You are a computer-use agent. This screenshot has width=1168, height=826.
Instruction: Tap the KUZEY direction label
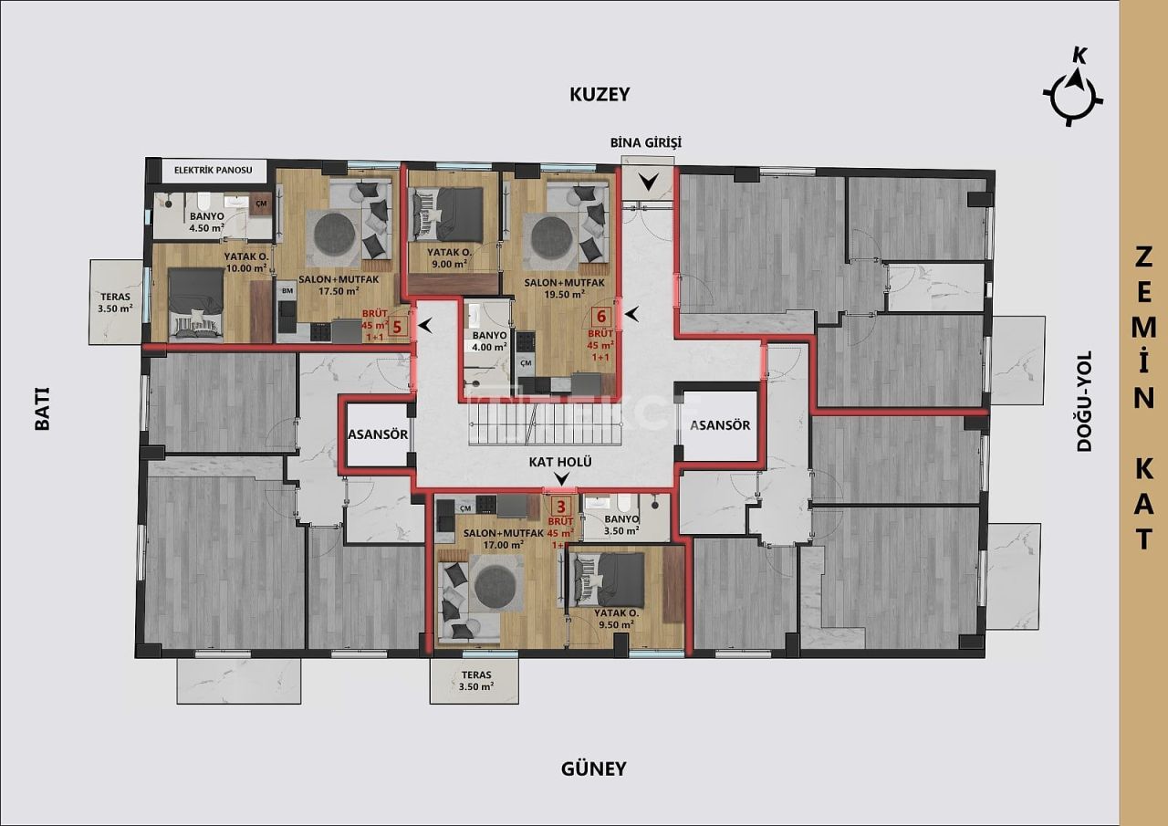pyautogui.click(x=600, y=94)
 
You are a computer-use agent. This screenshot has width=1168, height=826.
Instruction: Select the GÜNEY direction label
pyautogui.click(x=593, y=768)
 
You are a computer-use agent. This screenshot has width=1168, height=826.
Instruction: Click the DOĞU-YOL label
pyautogui.click(x=1084, y=402)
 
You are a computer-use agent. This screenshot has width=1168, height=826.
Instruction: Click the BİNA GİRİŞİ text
pyautogui.click(x=646, y=142)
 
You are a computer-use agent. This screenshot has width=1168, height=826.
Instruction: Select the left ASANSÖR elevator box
pyautogui.click(x=377, y=434)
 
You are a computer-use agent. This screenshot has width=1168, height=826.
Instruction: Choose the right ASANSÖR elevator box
pyautogui.click(x=720, y=425)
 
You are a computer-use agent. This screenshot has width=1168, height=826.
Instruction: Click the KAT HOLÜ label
pyautogui.click(x=560, y=462)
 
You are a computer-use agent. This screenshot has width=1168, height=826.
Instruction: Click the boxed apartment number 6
pyautogui.click(x=600, y=318)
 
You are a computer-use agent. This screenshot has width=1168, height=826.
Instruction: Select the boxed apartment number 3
pyautogui.click(x=562, y=507)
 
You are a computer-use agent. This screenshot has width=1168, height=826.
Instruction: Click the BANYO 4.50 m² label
pyautogui.click(x=207, y=223)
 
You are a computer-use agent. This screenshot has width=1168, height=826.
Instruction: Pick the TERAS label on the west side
pyautogui.click(x=116, y=302)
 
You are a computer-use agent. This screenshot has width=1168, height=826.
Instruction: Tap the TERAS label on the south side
pyautogui.click(x=474, y=680)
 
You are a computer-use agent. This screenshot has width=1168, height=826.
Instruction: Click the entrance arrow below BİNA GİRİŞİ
pyautogui.click(x=647, y=182)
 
